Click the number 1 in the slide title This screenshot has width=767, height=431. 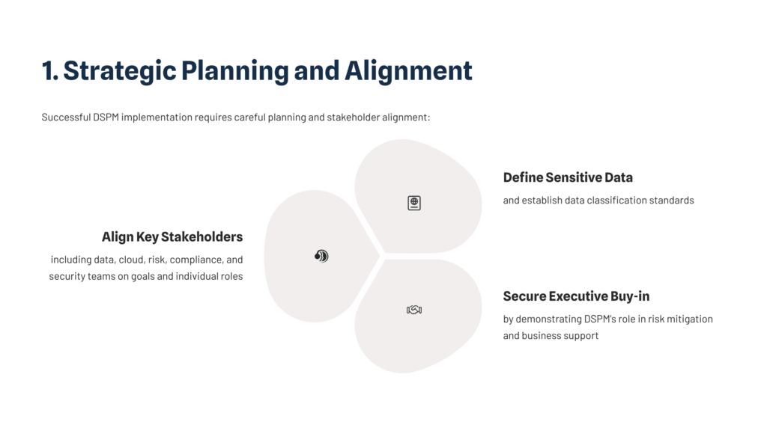pyautogui.click(x=49, y=70)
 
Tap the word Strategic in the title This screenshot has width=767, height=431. pyautogui.click(x=120, y=71)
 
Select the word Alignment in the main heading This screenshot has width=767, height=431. pyautogui.click(x=408, y=71)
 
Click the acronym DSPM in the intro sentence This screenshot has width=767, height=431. pyautogui.click(x=106, y=117)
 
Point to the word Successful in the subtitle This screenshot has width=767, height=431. pyautogui.click(x=66, y=117)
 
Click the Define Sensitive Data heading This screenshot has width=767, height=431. pyautogui.click(x=568, y=177)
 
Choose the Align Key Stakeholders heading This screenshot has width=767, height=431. pyautogui.click(x=172, y=237)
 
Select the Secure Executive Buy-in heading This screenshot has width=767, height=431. pyautogui.click(x=576, y=296)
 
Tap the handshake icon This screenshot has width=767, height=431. pyautogui.click(x=414, y=310)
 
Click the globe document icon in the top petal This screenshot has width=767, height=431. pyautogui.click(x=414, y=203)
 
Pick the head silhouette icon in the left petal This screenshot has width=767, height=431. pyautogui.click(x=321, y=256)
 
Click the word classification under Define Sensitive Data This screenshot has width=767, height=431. pyautogui.click(x=616, y=201)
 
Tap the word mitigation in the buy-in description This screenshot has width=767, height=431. pyautogui.click(x=690, y=319)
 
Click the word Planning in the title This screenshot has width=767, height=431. pyautogui.click(x=235, y=71)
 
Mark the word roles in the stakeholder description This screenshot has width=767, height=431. pyautogui.click(x=231, y=277)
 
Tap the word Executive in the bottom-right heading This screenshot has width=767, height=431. pyautogui.click(x=578, y=296)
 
